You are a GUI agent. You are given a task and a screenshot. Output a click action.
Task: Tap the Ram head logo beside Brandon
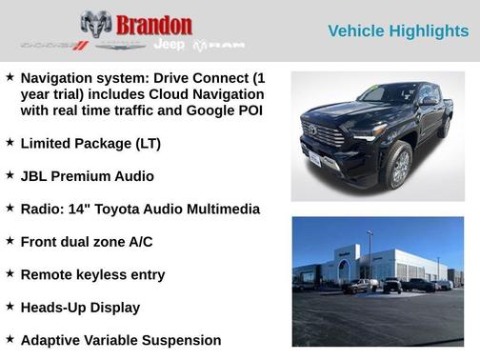[96, 26]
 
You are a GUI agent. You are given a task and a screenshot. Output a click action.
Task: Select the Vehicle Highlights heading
[398, 31]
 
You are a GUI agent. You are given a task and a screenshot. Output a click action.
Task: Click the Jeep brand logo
[170, 46]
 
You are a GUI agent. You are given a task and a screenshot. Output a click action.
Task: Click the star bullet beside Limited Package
[10, 143]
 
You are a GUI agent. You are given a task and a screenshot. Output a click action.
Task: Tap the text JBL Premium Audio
[87, 176]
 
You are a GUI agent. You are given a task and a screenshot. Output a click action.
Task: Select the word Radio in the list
[43, 209]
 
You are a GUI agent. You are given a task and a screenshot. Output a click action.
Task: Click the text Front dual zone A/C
[87, 242]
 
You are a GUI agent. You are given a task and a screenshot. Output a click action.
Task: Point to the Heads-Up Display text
[80, 308]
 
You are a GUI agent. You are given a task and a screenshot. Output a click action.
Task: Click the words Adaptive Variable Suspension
[121, 340]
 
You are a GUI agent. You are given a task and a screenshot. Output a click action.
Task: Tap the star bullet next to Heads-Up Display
[10, 307]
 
